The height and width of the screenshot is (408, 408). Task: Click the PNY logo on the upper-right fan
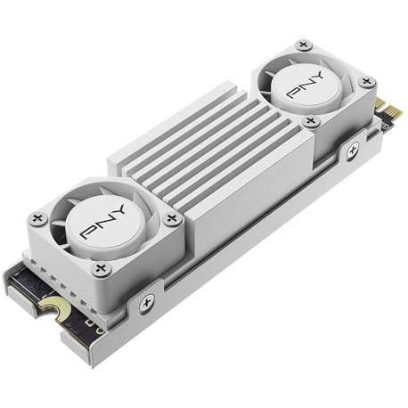(x=306, y=85)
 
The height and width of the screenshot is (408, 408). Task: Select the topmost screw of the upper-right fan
(x=303, y=45)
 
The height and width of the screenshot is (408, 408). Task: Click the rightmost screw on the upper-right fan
(x=367, y=81)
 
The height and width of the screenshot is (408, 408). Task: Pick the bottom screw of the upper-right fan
(x=310, y=121)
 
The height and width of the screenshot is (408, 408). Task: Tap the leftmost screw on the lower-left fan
(x=38, y=219)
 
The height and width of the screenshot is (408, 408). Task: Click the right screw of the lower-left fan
(x=171, y=219)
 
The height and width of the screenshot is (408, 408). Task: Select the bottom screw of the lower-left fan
(x=101, y=269)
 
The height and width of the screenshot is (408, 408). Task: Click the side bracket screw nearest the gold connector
(x=353, y=150)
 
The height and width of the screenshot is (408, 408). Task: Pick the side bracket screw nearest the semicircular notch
(x=147, y=302)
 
